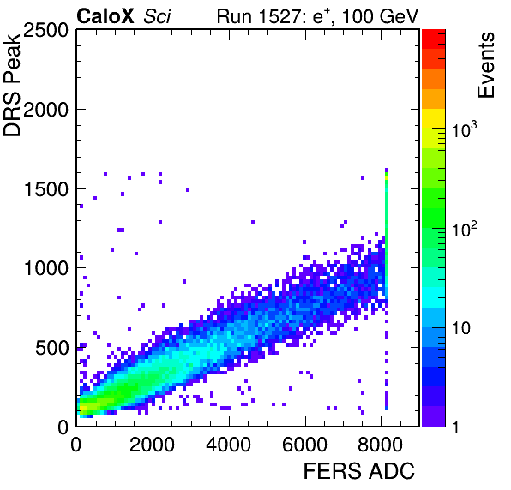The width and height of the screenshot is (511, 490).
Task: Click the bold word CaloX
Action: [105, 15]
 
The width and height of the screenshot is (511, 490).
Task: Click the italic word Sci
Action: [157, 16]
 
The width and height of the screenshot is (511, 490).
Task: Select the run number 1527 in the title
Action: [281, 16]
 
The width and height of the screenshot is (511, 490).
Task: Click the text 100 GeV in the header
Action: [380, 16]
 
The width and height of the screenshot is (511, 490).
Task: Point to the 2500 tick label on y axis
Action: [45, 30]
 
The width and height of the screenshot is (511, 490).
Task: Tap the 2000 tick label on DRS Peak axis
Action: [45, 110]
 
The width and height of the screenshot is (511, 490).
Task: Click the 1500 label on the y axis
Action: [46, 189]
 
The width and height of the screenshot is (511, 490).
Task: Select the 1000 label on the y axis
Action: [46, 269]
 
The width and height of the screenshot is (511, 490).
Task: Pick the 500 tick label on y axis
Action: [51, 348]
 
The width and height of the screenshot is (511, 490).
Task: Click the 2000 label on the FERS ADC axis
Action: [153, 445]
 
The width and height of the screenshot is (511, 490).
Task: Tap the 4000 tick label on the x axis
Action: [228, 445]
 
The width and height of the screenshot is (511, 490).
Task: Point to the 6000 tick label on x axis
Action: [304, 445]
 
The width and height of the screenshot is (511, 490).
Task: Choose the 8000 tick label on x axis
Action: [381, 445]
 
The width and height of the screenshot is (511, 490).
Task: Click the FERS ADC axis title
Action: [359, 471]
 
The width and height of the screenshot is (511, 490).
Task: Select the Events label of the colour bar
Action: [485, 65]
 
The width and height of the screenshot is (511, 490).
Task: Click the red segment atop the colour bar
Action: [434, 39]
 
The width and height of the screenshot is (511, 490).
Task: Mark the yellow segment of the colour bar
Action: [434, 118]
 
